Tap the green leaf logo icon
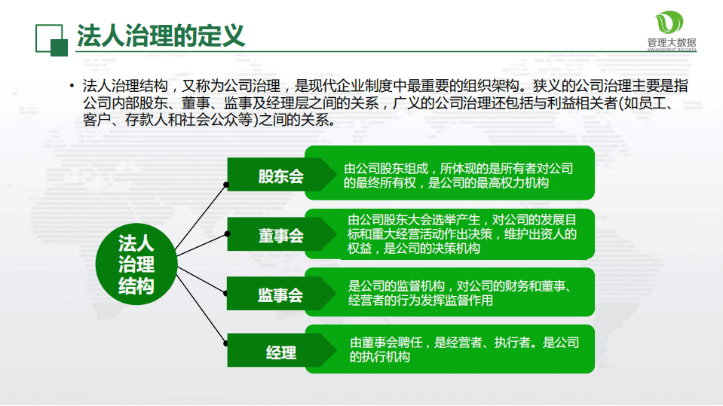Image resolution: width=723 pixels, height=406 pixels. pyautogui.click(x=667, y=23)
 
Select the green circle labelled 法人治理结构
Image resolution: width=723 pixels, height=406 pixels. pyautogui.click(x=136, y=264)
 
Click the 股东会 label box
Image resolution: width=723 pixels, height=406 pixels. pyautogui.click(x=280, y=176)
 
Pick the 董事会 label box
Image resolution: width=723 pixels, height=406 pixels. pyautogui.click(x=280, y=236)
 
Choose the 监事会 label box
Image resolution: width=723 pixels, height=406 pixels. pyautogui.click(x=280, y=295)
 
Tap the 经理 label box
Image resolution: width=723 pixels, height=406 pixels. pyautogui.click(x=280, y=352)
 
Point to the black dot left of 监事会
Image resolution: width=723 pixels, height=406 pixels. pyautogui.click(x=227, y=290)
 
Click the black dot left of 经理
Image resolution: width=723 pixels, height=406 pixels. pyautogui.click(x=227, y=343)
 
